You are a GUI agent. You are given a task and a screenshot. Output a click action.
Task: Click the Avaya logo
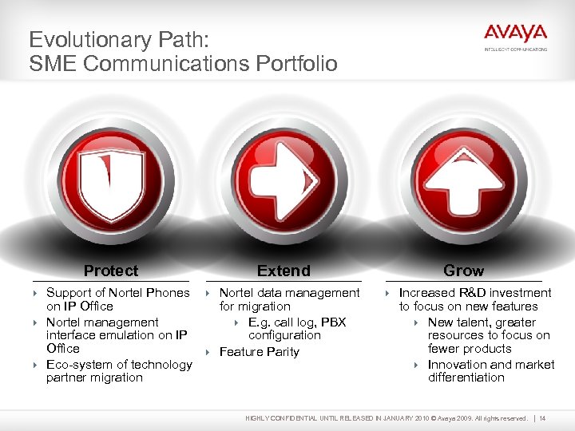(515, 35)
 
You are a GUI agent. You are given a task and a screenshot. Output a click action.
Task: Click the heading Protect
(111, 271)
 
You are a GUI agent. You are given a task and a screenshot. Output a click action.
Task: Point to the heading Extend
(284, 271)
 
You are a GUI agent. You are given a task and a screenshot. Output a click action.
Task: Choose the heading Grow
(463, 271)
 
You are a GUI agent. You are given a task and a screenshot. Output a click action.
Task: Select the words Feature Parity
(260, 352)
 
